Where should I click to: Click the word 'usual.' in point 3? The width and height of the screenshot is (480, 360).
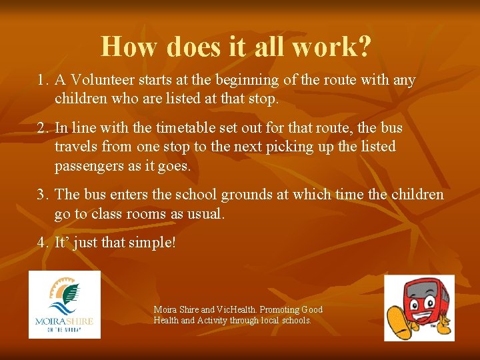click(206, 213)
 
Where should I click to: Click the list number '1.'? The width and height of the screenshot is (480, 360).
click(43, 81)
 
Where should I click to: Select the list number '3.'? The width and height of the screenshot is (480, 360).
click(43, 195)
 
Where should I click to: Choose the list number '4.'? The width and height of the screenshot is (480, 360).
click(43, 243)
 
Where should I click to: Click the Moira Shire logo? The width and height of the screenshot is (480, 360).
click(65, 304)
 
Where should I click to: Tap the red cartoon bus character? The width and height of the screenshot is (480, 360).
click(419, 307)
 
